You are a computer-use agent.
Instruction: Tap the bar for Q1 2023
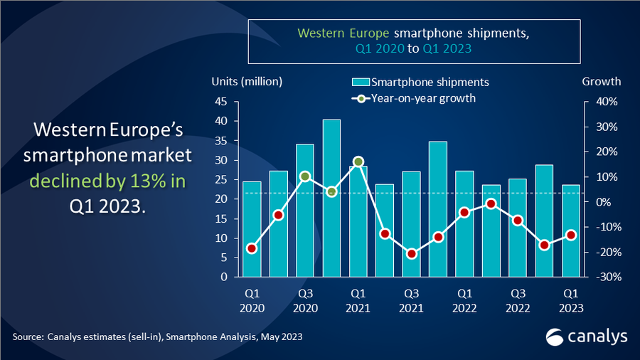pyautogui.click(x=570, y=231)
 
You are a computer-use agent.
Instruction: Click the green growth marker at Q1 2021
pyautogui.click(x=358, y=162)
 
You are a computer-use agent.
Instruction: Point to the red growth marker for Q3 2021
pyautogui.click(x=411, y=253)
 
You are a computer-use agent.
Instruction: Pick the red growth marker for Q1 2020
pyautogui.click(x=252, y=248)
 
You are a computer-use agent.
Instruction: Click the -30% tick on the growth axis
pyautogui.click(x=602, y=277)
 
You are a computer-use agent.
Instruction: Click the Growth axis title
pyautogui.click(x=601, y=81)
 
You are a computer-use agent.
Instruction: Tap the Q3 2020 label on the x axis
pyautogui.click(x=305, y=300)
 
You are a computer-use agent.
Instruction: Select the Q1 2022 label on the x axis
pyautogui.click(x=464, y=300)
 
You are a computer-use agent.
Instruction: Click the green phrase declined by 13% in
pyautogui.click(x=107, y=181)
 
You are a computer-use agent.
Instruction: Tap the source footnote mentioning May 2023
pyautogui.click(x=157, y=337)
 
